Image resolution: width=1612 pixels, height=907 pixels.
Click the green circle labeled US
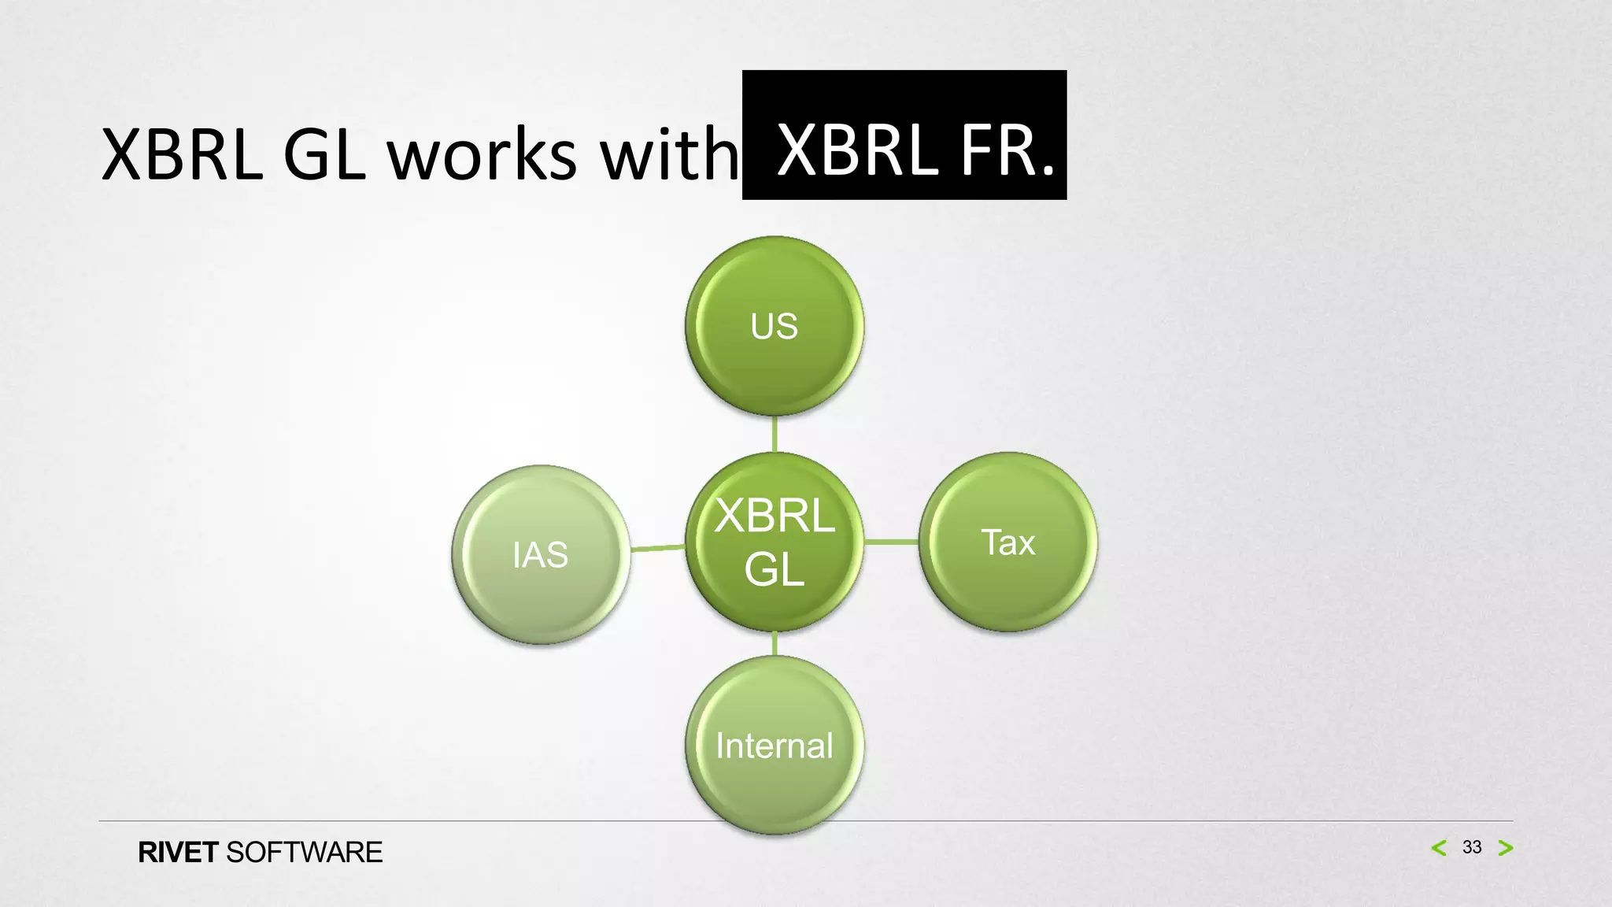[775, 326]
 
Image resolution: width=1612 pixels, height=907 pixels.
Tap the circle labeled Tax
[1008, 542]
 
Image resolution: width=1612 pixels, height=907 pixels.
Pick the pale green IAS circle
[541, 554]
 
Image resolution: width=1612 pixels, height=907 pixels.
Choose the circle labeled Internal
[775, 745]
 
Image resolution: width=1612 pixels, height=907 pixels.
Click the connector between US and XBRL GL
[775, 434]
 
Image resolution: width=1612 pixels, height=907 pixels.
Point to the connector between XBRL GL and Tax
[892, 542]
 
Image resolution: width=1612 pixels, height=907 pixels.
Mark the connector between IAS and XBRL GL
[658, 547]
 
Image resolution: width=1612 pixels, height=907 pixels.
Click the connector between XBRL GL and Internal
[775, 643]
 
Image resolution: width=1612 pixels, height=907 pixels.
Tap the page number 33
[1472, 847]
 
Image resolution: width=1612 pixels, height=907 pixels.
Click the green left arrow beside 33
[1439, 848]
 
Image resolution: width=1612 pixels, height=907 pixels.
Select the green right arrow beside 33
[1506, 848]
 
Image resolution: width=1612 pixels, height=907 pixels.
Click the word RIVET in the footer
[178, 853]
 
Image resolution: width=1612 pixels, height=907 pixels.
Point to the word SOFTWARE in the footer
[304, 853]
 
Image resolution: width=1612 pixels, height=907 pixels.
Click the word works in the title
[482, 154]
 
